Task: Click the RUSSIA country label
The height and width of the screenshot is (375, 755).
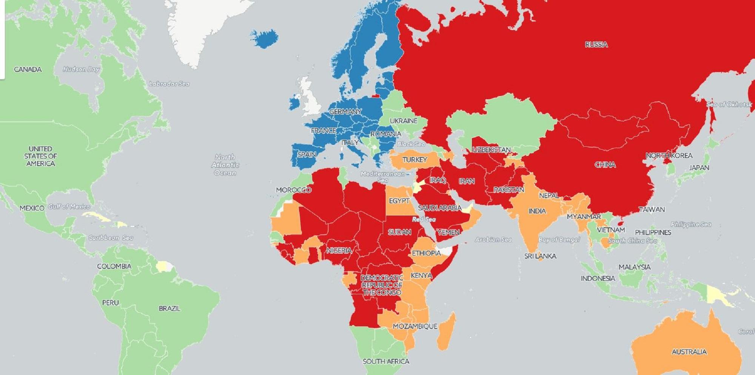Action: (596, 45)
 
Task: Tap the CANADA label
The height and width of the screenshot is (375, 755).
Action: (28, 69)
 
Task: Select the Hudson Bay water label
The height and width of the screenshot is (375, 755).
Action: (81, 69)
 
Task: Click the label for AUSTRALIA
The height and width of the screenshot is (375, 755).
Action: (689, 352)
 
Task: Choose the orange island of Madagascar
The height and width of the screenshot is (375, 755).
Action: (447, 332)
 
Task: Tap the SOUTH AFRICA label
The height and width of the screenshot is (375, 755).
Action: (386, 361)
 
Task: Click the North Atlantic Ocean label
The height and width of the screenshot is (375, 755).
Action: (225, 165)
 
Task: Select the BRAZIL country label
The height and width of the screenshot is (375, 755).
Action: (169, 308)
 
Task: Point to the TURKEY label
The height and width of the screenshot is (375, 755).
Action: (414, 160)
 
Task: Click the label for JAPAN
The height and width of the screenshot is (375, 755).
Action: (699, 168)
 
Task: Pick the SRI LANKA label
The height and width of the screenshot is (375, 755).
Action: (540, 256)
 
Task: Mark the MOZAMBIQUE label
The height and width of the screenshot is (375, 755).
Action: (415, 326)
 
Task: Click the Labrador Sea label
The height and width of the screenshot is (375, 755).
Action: (169, 84)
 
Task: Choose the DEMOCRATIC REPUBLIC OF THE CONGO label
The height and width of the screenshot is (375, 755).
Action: (382, 285)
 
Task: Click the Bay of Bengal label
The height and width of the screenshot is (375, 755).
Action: (559, 240)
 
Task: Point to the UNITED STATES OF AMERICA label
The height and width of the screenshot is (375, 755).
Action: (40, 156)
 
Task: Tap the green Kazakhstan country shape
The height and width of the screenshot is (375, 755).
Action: (502, 121)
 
